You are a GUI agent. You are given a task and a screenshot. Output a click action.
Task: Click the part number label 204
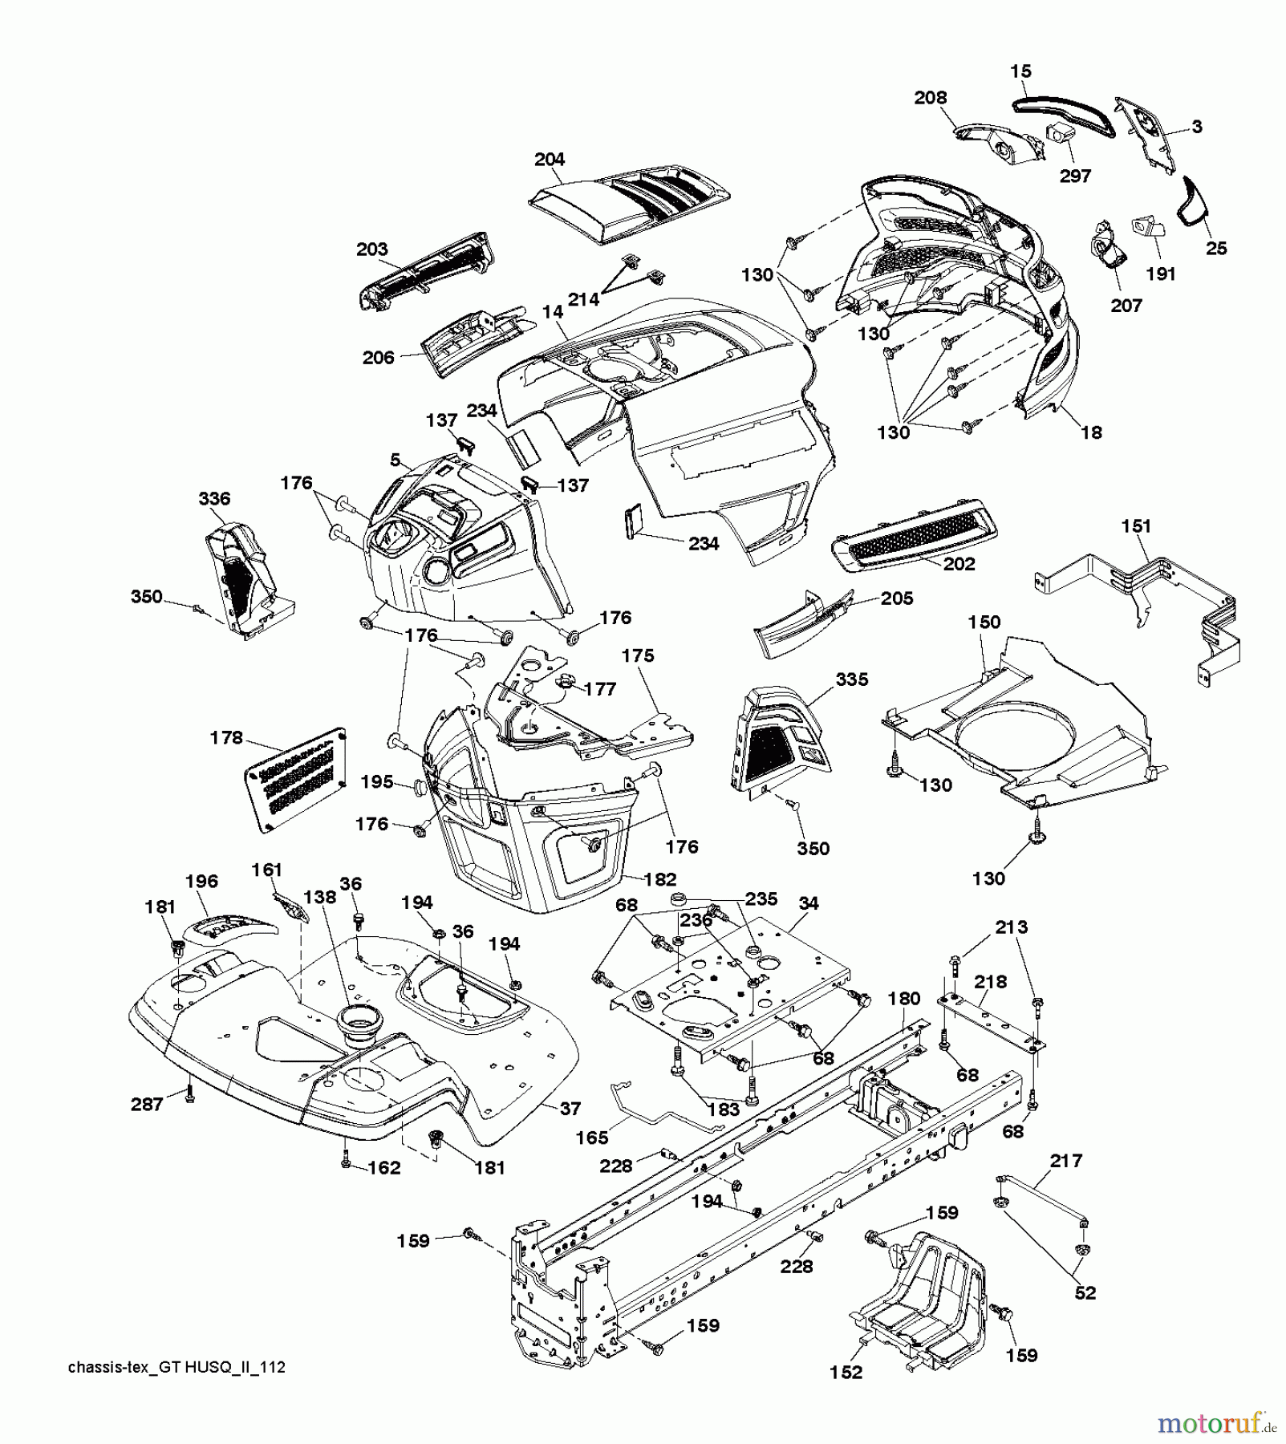coord(550,159)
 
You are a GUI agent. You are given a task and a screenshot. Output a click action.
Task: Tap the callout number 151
coord(1136,526)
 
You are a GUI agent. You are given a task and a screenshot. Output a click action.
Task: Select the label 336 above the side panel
coord(214,498)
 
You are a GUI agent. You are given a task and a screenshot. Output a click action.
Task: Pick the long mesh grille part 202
coord(915,537)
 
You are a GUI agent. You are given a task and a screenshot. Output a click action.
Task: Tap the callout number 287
coord(148,1104)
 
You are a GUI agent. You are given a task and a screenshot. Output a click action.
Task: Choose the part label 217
coord(1066,1160)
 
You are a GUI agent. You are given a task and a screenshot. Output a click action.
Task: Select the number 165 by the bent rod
coord(592,1138)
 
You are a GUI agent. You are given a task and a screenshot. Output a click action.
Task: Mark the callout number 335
coord(852,679)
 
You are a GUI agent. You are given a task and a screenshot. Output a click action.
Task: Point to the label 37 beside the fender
coord(570,1108)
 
